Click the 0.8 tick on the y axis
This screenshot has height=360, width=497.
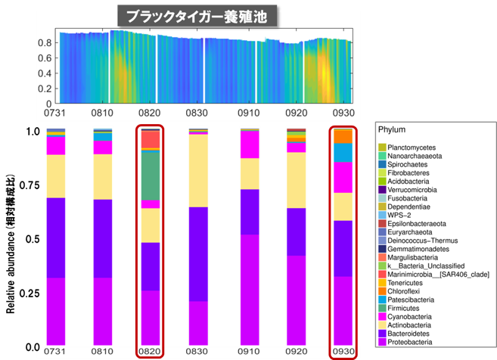pos(45,43)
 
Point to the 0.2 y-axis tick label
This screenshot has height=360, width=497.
pos(45,88)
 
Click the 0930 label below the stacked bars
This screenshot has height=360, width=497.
pos(343,352)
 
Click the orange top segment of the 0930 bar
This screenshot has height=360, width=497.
pos(343,135)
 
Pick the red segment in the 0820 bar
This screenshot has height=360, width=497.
pos(150,141)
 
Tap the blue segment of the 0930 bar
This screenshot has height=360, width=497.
pos(343,152)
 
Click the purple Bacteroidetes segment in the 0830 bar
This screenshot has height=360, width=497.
pos(199,253)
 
